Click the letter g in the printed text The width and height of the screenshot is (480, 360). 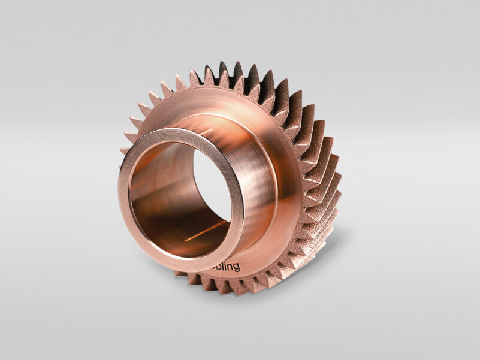236,268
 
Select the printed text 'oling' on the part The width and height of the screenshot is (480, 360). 227,266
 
